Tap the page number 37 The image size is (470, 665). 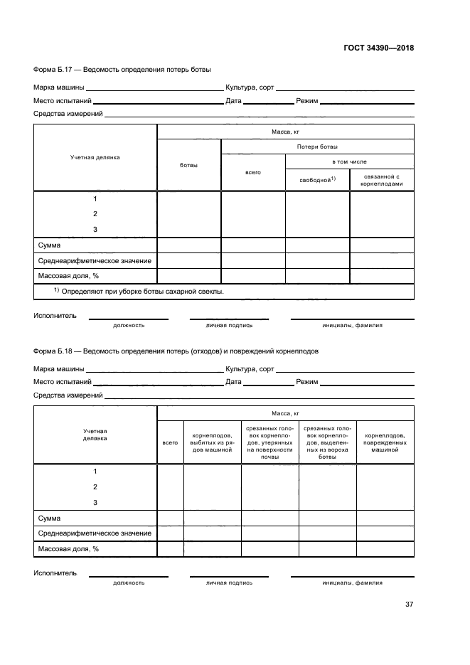coord(409,605)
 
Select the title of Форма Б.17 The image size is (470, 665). coord(122,69)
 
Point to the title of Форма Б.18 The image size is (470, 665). coord(176,351)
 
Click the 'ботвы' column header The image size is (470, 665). coord(189,165)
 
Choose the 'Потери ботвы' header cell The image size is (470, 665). coord(317,147)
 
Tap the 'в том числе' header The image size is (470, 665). coord(349,161)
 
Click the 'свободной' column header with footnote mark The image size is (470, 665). coord(317,179)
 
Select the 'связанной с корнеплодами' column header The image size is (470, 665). coord(382,179)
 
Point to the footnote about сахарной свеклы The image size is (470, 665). coord(139,292)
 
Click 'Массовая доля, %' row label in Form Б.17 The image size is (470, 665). coord(68,276)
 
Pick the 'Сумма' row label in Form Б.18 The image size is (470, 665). coord(49,518)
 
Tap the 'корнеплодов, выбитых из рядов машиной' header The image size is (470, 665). coord(212,442)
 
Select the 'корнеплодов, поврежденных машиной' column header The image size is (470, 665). coord(385,442)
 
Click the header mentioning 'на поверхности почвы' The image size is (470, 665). coord(269,442)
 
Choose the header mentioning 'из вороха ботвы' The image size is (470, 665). coord(327,442)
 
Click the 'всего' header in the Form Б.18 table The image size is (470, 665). coord(170,442)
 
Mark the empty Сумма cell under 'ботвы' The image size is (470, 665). coord(189,245)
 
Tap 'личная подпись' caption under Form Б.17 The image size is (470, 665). coord(229,325)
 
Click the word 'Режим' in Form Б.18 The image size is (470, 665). coord(306,382)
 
